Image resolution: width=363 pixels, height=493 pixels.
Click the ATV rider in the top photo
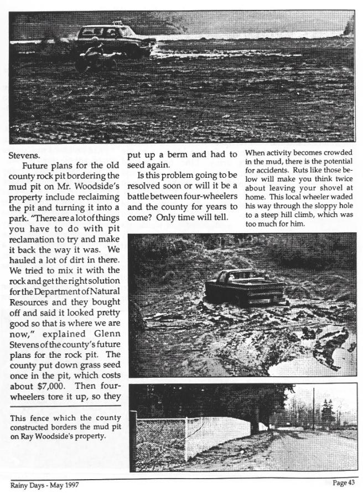click(94, 53)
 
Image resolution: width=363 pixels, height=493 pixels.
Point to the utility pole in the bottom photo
click(313, 410)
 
